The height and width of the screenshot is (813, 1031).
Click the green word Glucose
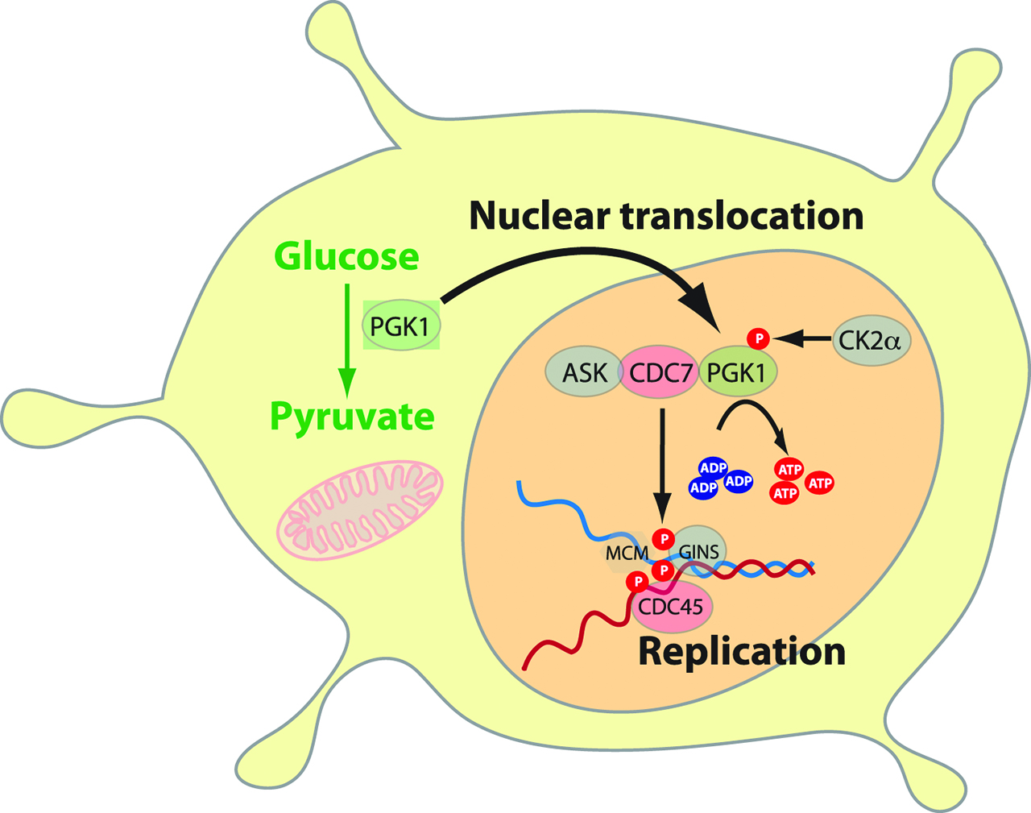(346, 257)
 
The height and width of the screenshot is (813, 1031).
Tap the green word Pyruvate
(352, 417)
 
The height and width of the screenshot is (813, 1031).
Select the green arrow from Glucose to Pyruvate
(346, 338)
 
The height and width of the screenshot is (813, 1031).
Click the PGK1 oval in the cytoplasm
(400, 326)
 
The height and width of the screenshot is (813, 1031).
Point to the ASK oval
(585, 373)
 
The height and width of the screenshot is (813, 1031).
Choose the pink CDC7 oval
(659, 373)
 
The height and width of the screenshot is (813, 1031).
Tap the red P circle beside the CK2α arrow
(758, 339)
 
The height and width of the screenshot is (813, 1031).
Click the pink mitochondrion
(359, 510)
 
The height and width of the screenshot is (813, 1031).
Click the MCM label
(627, 554)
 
